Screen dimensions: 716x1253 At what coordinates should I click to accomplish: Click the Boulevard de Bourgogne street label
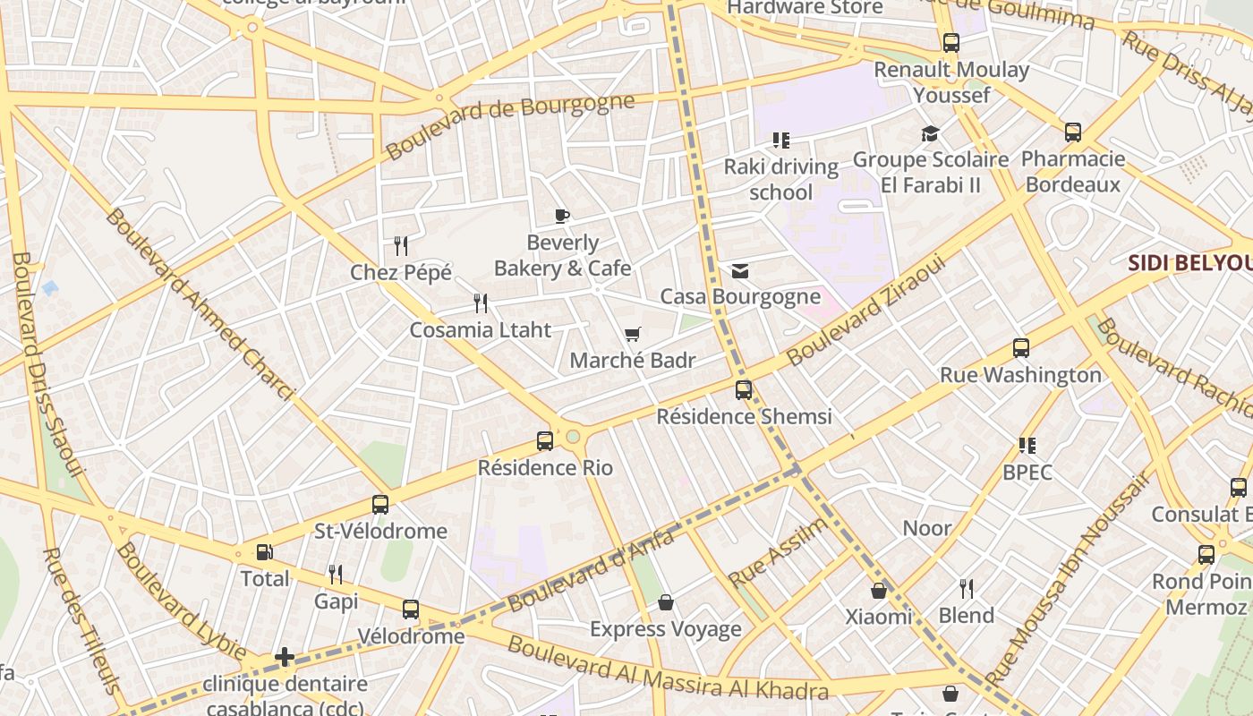pos(510,125)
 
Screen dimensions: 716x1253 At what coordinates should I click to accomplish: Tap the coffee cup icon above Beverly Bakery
pos(561,216)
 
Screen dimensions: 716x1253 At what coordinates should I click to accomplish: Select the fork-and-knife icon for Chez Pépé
pos(401,245)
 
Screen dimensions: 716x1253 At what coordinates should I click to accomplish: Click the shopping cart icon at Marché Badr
pos(633,335)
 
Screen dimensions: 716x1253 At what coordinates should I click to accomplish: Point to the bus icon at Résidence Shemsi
pos(744,390)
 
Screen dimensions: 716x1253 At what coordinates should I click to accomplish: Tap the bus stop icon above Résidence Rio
pos(545,441)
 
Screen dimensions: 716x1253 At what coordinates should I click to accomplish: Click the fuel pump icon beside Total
pos(264,552)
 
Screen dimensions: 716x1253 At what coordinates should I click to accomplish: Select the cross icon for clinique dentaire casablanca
pos(285,658)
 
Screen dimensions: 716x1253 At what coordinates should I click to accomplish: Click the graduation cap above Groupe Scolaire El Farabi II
pos(931,134)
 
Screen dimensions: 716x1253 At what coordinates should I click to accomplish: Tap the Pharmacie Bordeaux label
pos(1073,172)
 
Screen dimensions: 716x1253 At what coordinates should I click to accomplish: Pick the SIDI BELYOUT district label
pos(1189,263)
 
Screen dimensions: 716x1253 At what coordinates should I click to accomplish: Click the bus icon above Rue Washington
pos(1021,348)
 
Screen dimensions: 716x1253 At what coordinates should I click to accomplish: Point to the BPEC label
pos(1027,472)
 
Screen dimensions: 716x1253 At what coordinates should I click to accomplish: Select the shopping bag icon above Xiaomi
pos(879,591)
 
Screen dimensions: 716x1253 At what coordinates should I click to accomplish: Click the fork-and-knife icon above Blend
pos(967,589)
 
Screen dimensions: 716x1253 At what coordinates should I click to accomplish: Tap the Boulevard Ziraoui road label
pos(865,312)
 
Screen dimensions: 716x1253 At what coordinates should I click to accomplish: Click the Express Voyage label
pos(665,629)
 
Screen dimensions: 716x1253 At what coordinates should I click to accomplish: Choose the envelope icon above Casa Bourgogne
pos(740,271)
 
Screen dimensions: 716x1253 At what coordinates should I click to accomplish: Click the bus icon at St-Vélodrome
pos(380,505)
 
